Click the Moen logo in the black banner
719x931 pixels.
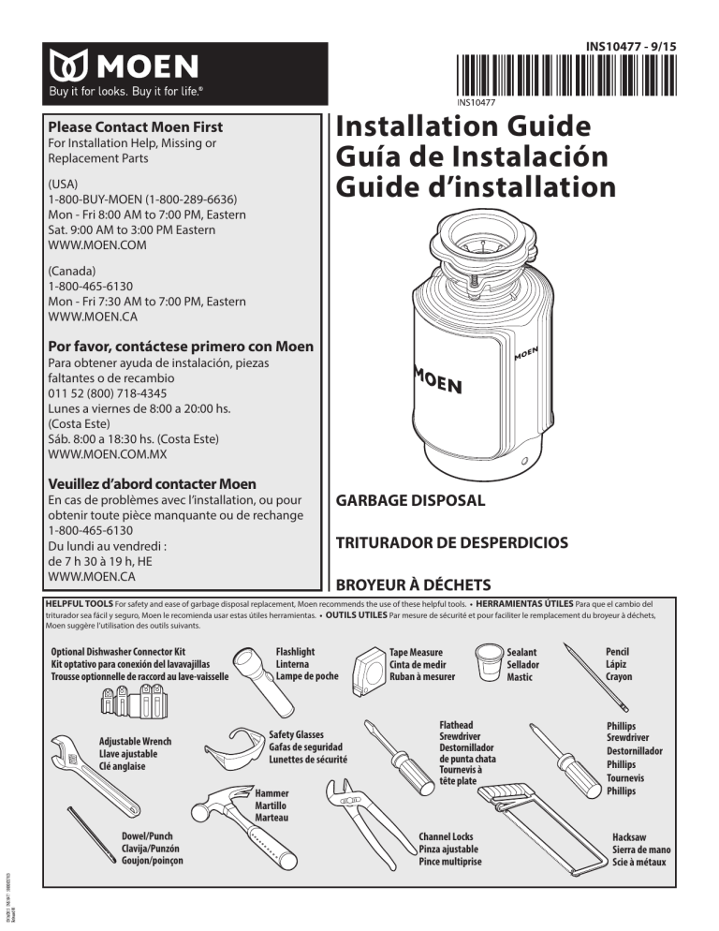119,66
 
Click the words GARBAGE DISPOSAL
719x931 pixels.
411,500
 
